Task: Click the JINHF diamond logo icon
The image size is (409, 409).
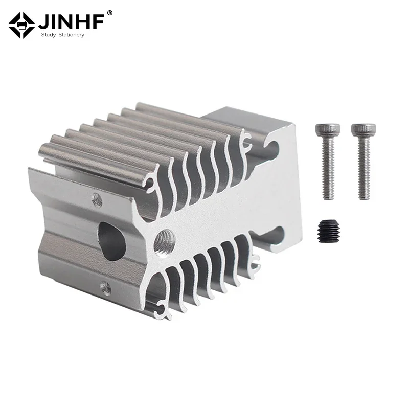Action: pyautogui.click(x=21, y=25)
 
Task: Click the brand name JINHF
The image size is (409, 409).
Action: pyautogui.click(x=72, y=22)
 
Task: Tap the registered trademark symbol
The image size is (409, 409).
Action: pyautogui.click(x=110, y=13)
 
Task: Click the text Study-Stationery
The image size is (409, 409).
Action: pyautogui.click(x=62, y=35)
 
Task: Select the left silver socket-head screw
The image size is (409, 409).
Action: pyautogui.click(x=328, y=162)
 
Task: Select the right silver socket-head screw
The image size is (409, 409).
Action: pyautogui.click(x=363, y=162)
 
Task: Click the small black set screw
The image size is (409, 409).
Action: pyautogui.click(x=329, y=231)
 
